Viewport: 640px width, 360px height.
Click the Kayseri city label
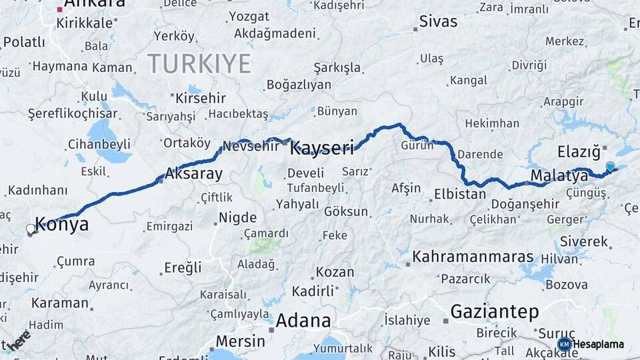click(x=322, y=148)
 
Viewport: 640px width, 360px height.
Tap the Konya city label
click(x=61, y=224)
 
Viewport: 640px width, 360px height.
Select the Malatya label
click(x=559, y=176)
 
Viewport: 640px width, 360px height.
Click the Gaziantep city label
click(x=494, y=311)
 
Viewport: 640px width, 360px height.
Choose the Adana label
click(x=303, y=321)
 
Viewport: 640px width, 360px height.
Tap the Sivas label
click(x=438, y=21)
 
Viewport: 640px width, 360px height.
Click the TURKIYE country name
click(x=199, y=64)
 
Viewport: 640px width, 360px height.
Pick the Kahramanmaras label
click(x=473, y=257)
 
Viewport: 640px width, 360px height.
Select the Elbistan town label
click(x=460, y=195)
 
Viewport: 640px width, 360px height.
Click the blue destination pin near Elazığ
click(x=610, y=166)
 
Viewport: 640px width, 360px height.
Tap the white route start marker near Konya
click(x=30, y=229)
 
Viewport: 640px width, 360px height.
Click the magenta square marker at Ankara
click(x=61, y=9)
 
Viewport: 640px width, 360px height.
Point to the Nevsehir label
click(x=250, y=146)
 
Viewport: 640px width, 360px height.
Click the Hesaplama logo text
click(x=599, y=344)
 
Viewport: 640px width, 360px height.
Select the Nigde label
click(x=237, y=218)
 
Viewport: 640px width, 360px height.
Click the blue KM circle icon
click(x=564, y=344)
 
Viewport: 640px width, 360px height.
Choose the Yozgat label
click(x=249, y=16)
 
